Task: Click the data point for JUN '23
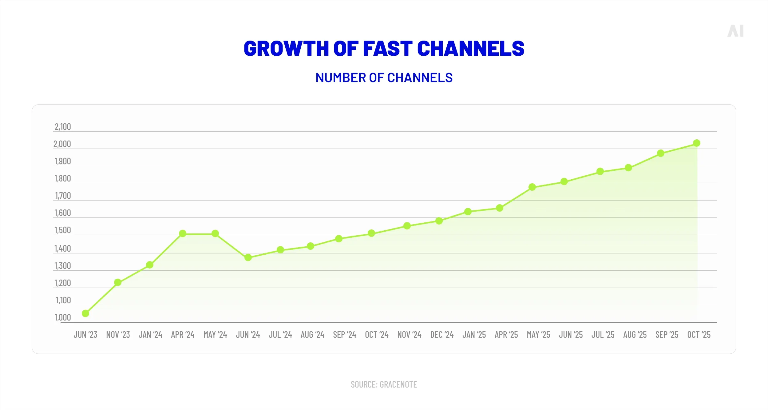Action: click(85, 313)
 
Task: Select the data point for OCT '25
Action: click(697, 143)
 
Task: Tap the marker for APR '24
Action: click(183, 233)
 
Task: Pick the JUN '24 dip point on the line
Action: click(248, 257)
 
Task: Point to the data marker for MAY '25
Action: click(532, 187)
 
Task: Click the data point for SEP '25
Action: click(661, 153)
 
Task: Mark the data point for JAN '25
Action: click(468, 211)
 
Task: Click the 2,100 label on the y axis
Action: click(63, 127)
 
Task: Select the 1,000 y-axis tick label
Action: click(63, 317)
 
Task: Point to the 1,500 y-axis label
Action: click(63, 230)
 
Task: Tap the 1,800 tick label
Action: click(63, 178)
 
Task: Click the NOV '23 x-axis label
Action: click(118, 335)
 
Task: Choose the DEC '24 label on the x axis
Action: click(442, 335)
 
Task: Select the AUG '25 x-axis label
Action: click(635, 335)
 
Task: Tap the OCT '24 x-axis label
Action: click(377, 335)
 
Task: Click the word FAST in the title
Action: click(388, 49)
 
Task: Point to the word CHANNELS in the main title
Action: click(471, 49)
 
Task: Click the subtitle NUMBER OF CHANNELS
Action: click(384, 78)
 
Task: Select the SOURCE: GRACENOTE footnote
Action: click(384, 384)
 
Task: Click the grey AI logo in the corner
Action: click(735, 31)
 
